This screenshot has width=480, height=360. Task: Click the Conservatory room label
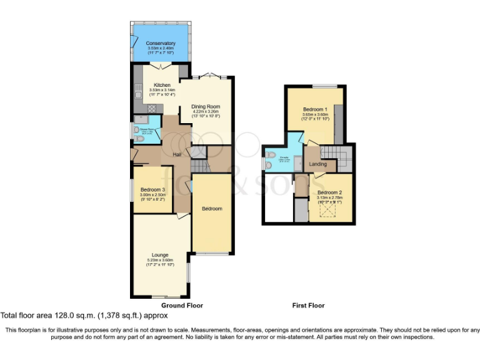coord(161,43)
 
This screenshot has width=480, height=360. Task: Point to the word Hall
coord(177,154)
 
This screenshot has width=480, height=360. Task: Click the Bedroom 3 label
coord(152,189)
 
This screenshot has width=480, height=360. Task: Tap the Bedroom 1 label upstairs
coord(315,109)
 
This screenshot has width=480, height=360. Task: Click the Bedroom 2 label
coord(330,192)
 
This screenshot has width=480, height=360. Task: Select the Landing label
coord(319,164)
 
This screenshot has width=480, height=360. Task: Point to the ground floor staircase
coord(199,166)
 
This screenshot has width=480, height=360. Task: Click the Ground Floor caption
coord(182,306)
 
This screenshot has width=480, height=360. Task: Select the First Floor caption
coord(308,306)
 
